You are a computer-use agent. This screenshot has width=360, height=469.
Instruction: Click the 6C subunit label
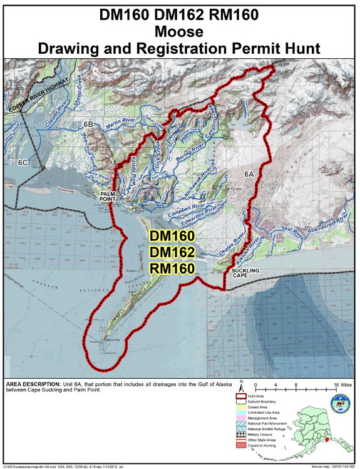24,162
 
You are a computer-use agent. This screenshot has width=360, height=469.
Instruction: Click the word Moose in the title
180,32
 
